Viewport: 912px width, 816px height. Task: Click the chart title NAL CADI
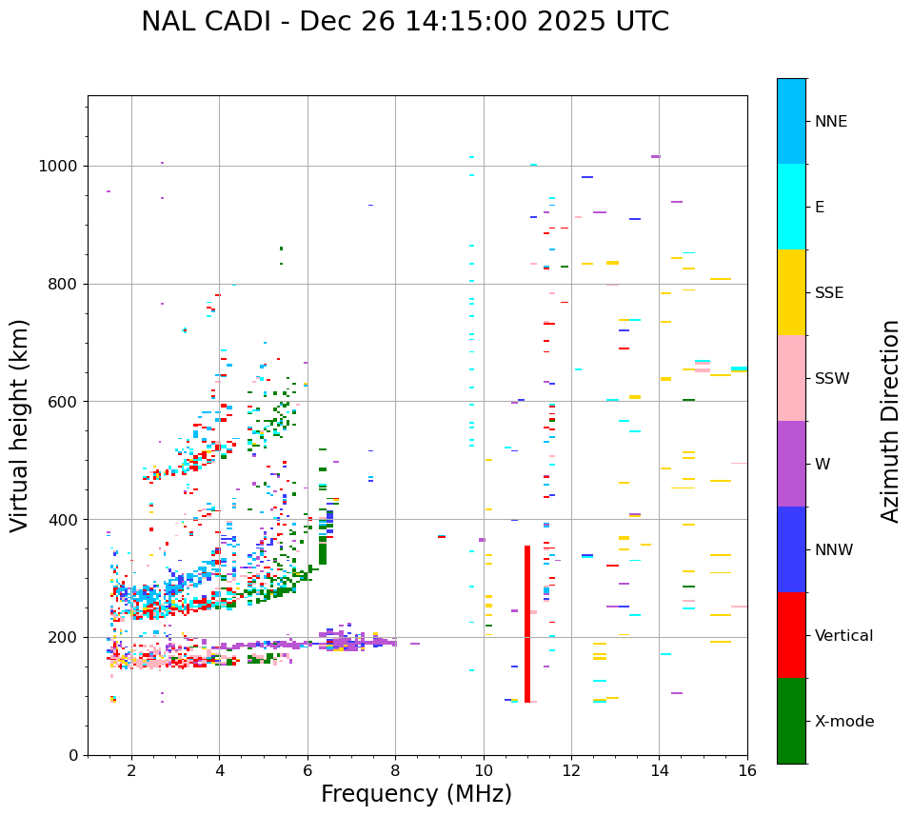[405, 22]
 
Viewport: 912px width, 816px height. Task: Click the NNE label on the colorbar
[830, 122]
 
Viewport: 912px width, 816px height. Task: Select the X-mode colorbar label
[844, 722]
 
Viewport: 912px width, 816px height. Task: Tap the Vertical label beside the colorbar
[843, 636]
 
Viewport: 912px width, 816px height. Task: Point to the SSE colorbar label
[829, 293]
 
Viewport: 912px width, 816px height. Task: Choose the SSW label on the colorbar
[832, 379]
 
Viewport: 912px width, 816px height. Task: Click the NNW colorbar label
[834, 550]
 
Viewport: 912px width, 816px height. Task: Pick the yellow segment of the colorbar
[791, 292]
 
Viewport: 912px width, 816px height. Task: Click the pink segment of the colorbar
[791, 378]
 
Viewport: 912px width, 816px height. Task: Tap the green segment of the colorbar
[791, 721]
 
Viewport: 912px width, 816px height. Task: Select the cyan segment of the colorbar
[791, 207]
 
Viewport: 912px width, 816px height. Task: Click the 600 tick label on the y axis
[65, 402]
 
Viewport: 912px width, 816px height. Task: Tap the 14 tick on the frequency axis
[659, 770]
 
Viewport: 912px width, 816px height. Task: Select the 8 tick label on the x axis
[395, 770]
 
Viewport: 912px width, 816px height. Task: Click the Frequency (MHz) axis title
[416, 795]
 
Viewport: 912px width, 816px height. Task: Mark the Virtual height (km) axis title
[20, 426]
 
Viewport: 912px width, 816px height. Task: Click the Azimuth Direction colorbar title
[890, 421]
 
